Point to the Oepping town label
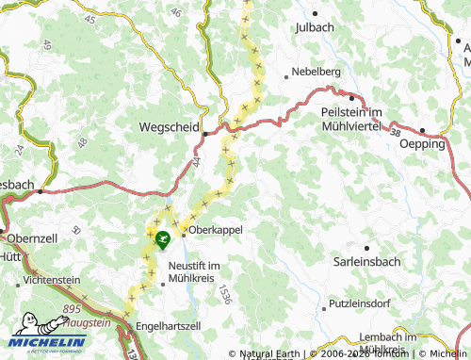421,143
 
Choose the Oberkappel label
216,230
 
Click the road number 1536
222,294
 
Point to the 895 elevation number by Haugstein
73,309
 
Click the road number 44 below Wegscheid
198,163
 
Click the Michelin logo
47,342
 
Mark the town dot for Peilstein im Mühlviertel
352,97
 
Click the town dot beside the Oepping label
423,131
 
